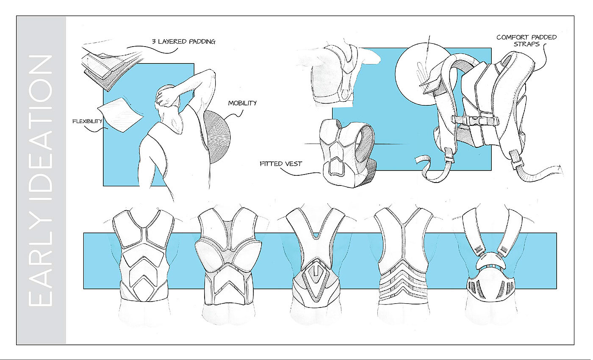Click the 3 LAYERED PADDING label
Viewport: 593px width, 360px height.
click(183, 42)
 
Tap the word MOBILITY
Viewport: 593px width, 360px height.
click(242, 103)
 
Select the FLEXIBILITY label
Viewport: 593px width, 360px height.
click(87, 121)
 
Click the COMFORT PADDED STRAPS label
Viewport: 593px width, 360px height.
click(526, 40)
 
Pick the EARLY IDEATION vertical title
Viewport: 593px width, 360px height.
click(41, 180)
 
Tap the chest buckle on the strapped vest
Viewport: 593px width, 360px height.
click(474, 120)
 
